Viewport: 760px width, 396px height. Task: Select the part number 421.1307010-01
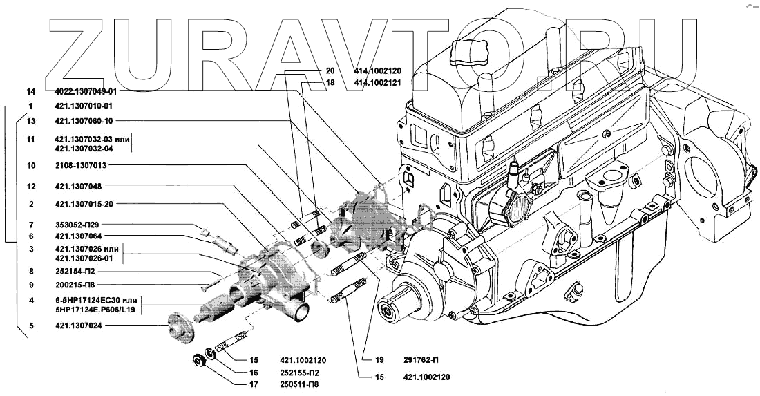point(83,106)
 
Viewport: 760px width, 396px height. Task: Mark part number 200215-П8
point(76,285)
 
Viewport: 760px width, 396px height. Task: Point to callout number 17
point(254,384)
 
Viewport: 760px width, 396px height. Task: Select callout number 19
point(379,360)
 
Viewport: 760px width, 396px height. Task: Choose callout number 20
point(330,70)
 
